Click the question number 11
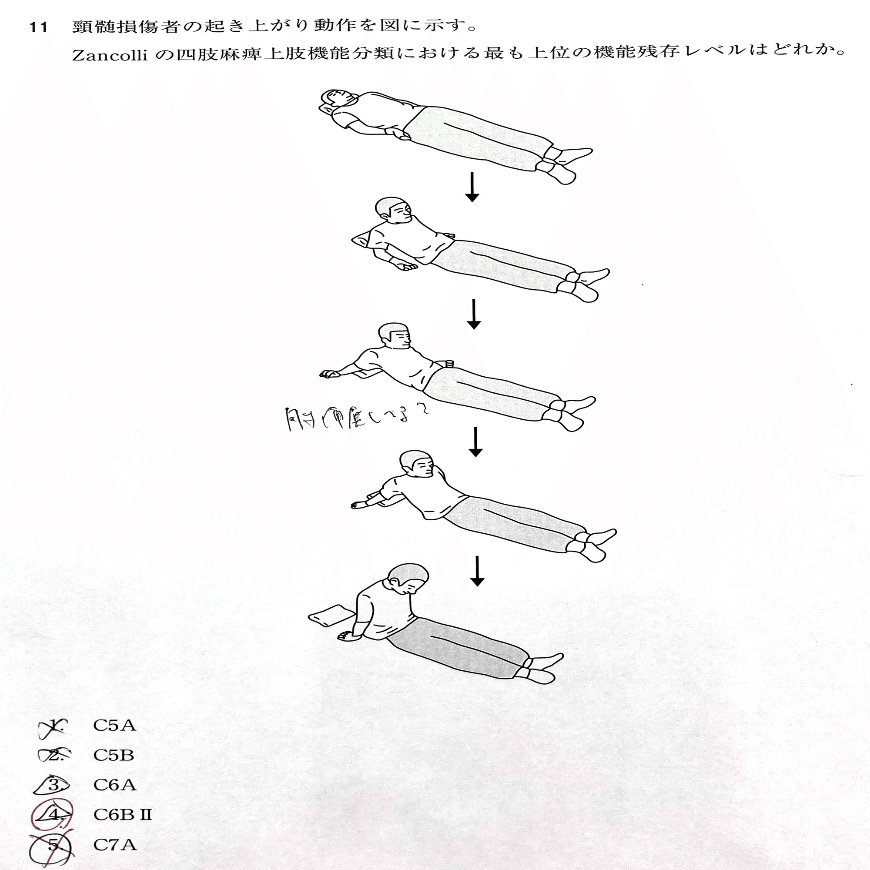(x=38, y=27)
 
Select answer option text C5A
(x=114, y=726)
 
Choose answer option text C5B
(x=114, y=755)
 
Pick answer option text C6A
(x=114, y=785)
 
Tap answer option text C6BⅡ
(x=123, y=815)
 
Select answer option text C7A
(x=114, y=844)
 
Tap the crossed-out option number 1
(x=54, y=726)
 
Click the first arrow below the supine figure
(x=472, y=187)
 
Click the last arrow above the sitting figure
(x=477, y=571)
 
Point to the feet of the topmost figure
(x=565, y=164)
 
